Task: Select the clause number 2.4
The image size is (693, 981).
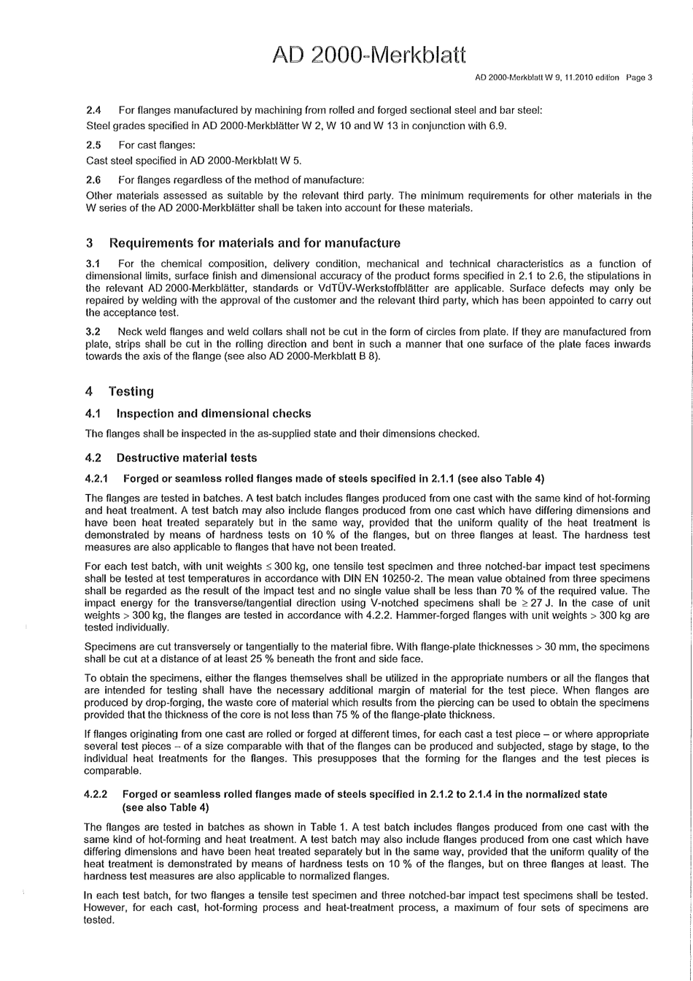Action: [93, 111]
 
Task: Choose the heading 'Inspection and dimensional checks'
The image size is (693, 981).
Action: [214, 414]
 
